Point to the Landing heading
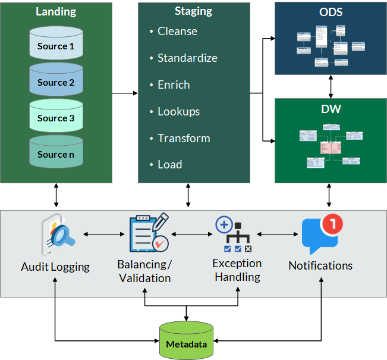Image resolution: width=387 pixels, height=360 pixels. point(56,12)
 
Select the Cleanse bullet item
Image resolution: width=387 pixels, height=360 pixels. point(177,32)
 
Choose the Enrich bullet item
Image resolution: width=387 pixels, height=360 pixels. point(174,85)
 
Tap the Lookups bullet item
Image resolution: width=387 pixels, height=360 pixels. point(178,111)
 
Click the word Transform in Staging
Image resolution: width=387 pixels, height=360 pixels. point(184,138)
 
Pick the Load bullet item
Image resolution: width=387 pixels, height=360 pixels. point(170,165)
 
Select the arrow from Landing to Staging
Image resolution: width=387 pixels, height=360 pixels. point(125,93)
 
